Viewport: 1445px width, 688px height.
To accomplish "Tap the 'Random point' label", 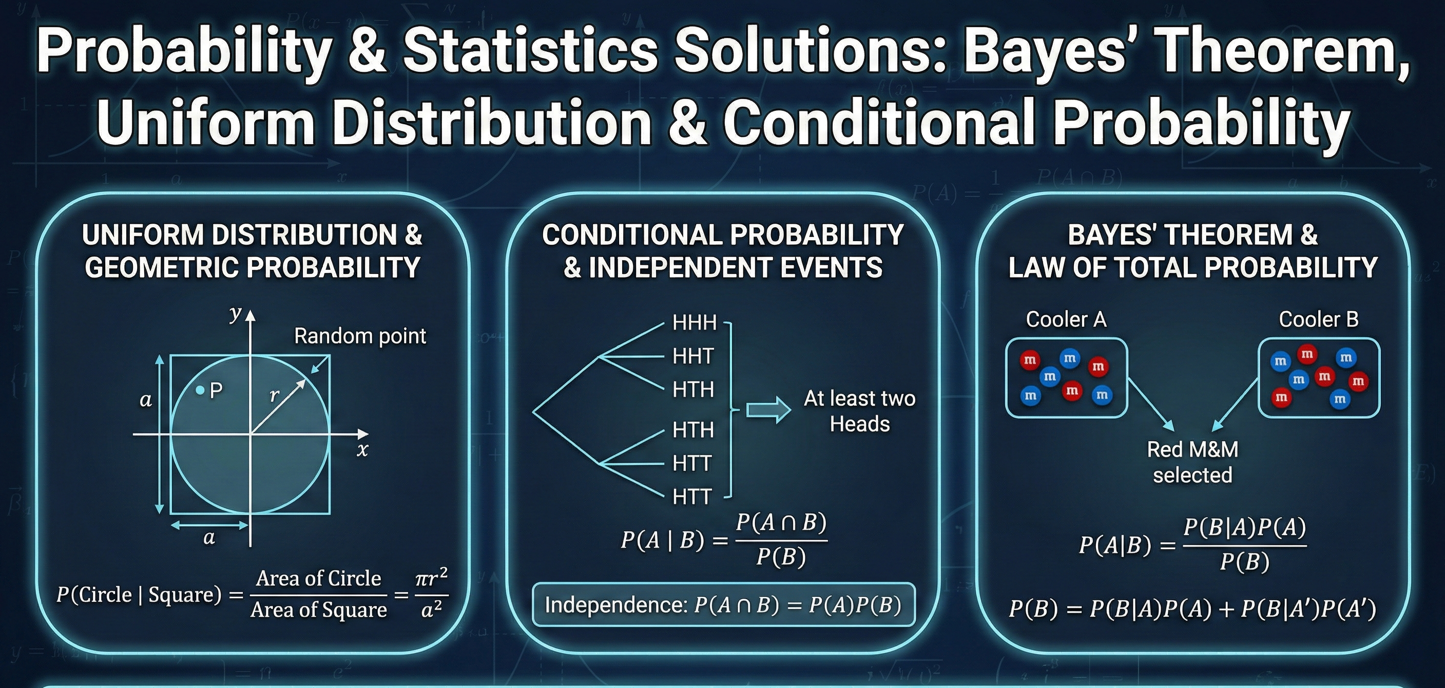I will coord(359,336).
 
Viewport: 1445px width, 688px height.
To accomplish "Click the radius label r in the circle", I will coord(274,396).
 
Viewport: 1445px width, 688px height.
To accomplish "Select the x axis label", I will coord(362,450).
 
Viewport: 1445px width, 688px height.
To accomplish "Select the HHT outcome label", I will coord(693,356).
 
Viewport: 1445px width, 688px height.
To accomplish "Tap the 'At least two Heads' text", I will coord(859,411).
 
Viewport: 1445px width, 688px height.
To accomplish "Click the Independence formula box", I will coord(723,605).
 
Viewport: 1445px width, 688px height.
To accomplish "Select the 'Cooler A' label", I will coord(1066,320).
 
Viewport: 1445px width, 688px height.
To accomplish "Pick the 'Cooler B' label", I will coord(1318,320).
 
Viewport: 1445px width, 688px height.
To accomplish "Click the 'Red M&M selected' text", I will coord(1192,462).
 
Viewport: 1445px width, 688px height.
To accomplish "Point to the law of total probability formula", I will coord(1192,609).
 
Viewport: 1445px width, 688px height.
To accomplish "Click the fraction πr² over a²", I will coord(431,593).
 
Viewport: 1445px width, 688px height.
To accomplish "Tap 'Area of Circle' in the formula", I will coord(318,578).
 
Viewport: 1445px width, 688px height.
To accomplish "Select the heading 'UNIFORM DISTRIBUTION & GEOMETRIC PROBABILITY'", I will coord(252,251).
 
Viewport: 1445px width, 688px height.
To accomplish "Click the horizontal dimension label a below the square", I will coord(209,538).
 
